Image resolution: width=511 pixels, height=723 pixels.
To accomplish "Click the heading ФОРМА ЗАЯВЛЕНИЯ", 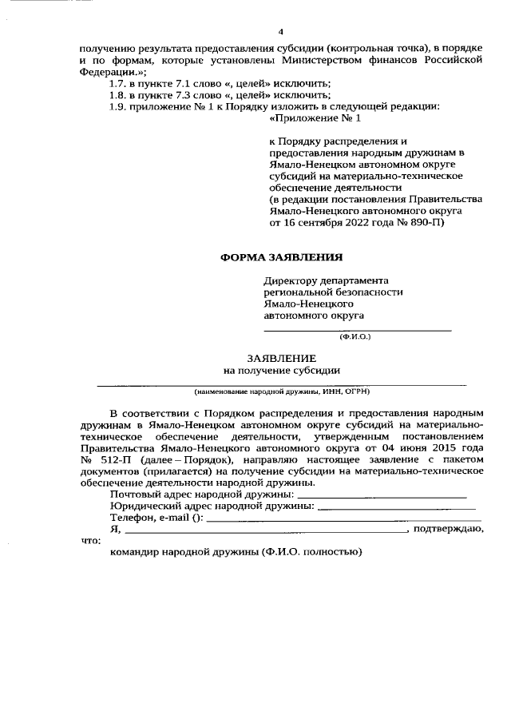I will [281, 257].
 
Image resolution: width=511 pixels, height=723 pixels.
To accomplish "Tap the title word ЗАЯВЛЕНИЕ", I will [281, 358].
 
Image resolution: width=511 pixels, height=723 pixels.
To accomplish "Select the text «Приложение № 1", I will [316, 118].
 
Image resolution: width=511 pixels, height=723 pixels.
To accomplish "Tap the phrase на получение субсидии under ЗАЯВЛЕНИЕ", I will [282, 370].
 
